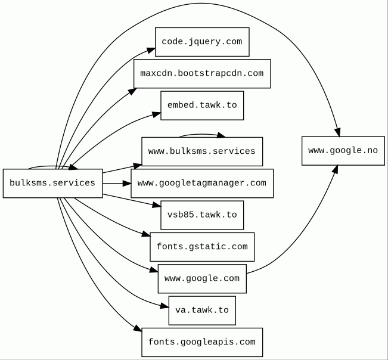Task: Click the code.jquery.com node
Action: coord(202,42)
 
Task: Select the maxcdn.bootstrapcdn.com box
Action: coord(202,73)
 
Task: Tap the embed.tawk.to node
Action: coord(202,105)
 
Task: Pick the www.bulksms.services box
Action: coord(202,151)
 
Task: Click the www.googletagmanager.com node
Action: coord(202,184)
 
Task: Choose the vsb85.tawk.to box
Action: coord(202,215)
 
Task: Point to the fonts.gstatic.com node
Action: coord(202,247)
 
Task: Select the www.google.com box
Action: coord(202,278)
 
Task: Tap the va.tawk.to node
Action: coord(202,311)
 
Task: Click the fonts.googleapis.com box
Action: coord(202,343)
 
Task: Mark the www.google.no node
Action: coord(343,151)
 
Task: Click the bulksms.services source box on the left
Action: coord(52,184)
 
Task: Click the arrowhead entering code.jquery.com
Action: coord(150,50)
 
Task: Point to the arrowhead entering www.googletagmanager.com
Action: coord(127,184)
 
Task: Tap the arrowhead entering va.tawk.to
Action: coord(164,306)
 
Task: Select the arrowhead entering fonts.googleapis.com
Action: coord(138,328)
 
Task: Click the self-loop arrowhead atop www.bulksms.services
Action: coord(221,135)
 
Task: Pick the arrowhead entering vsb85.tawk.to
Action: coord(156,205)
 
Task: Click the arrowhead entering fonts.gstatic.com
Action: coord(146,234)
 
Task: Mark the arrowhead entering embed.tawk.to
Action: coord(156,114)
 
